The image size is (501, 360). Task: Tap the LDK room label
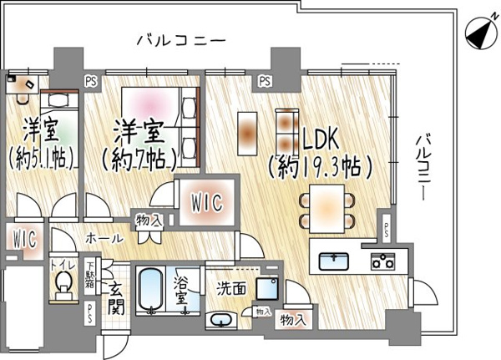click(x=321, y=139)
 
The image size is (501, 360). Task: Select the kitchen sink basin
click(x=333, y=261)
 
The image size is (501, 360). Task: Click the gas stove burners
click(x=382, y=261)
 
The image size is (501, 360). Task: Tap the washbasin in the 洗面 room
click(x=221, y=320)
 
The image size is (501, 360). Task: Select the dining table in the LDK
click(x=326, y=209)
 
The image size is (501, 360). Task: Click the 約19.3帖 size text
click(x=321, y=167)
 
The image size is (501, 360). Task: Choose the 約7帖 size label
click(x=139, y=159)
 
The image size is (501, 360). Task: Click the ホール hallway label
click(x=104, y=238)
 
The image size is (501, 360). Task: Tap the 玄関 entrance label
click(x=115, y=299)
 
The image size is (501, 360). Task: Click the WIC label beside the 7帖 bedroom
click(x=207, y=202)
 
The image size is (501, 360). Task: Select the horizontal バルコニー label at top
click(x=181, y=41)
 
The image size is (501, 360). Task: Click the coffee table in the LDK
click(x=247, y=134)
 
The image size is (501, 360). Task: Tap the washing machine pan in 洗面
click(x=267, y=289)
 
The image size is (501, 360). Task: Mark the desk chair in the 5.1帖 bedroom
click(x=23, y=98)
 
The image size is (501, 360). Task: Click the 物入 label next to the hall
click(x=149, y=220)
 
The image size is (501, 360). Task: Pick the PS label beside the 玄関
click(x=90, y=313)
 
